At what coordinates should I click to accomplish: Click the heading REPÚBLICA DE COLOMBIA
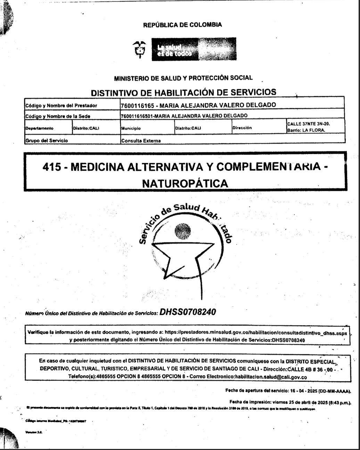pos(182,25)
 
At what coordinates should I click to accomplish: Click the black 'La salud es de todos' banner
pos(194,49)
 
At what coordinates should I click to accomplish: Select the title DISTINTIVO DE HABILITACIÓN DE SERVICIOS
pos(183,93)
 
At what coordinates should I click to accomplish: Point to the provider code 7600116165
pos(135,105)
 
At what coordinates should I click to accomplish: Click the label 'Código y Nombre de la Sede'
pos(58,116)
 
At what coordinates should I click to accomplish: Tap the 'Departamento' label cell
pos(39,128)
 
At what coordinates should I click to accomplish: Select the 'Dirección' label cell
pos(242,128)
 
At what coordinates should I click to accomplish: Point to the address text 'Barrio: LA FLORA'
pos(306,130)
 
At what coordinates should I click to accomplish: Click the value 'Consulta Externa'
pos(141,141)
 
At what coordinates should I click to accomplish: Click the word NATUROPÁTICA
pos(185,183)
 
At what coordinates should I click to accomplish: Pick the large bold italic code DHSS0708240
pos(188,312)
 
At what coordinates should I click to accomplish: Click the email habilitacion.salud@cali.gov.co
pos(271,377)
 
